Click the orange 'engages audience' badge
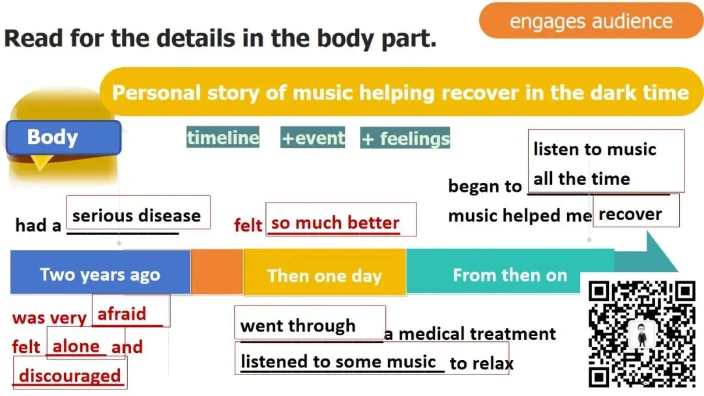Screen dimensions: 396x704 [591, 21]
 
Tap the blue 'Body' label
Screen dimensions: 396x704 [63, 137]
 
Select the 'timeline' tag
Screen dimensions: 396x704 [223, 137]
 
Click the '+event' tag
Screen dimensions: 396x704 [313, 138]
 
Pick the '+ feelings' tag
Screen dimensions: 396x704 [405, 138]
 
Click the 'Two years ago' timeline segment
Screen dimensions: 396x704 [100, 274]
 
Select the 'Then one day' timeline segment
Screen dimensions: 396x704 [324, 275]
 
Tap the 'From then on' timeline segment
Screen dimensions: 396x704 [509, 274]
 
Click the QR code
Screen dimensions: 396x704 [641, 333]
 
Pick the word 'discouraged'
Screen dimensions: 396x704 [70, 376]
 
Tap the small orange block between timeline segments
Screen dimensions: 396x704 [216, 272]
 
